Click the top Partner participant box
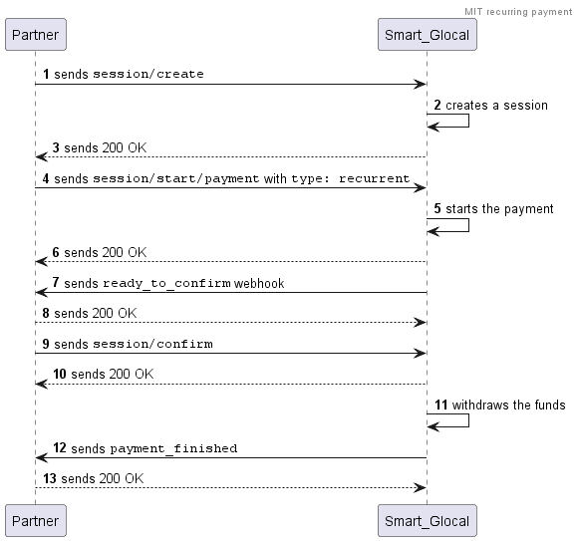(36, 35)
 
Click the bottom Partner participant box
(36, 521)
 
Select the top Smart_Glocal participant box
(428, 35)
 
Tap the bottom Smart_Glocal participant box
(428, 521)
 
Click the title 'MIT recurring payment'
(518, 12)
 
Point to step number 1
(46, 74)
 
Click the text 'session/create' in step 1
(148, 74)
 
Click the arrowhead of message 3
(41, 157)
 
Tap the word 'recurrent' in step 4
(374, 178)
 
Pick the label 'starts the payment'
(499, 209)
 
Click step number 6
(56, 252)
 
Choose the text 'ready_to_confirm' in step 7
(166, 283)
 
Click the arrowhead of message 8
(421, 323)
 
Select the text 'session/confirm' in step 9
(152, 344)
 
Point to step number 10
(60, 374)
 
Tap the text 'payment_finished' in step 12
(173, 448)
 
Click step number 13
(50, 478)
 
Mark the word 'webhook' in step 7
(259, 283)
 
